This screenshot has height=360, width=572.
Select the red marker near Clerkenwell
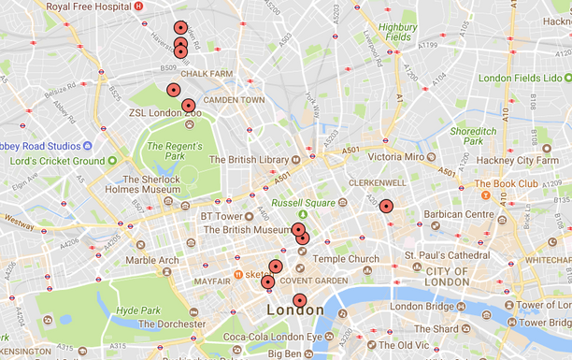(386, 207)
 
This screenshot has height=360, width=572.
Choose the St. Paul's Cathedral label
(446, 255)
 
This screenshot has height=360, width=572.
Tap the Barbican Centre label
(461, 215)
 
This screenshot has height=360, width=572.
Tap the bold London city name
(295, 310)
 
